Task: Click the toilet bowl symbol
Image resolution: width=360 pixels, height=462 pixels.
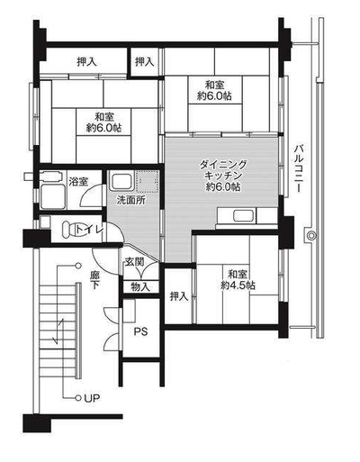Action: click(68, 230)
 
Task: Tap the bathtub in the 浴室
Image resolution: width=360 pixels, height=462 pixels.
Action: click(52, 196)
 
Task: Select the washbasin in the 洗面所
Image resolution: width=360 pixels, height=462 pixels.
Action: click(122, 180)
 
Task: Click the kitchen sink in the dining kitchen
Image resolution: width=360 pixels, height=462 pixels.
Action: click(245, 216)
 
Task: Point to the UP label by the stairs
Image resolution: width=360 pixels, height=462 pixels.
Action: click(92, 398)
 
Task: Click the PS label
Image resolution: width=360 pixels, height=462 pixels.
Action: click(140, 331)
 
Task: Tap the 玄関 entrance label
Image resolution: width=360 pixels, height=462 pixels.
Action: click(134, 262)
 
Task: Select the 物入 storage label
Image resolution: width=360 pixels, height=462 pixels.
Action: click(140, 287)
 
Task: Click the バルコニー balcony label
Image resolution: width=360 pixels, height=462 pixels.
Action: click(299, 168)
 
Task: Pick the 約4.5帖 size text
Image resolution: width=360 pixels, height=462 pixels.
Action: click(238, 285)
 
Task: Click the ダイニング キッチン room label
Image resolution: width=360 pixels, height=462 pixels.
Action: click(223, 170)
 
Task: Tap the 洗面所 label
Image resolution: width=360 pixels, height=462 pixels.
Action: click(131, 200)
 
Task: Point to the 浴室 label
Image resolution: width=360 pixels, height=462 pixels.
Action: click(78, 182)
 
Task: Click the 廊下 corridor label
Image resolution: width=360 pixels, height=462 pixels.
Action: click(94, 280)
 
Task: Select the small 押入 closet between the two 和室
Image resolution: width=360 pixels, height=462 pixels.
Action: click(144, 62)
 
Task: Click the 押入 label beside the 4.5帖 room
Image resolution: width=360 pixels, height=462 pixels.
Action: click(179, 296)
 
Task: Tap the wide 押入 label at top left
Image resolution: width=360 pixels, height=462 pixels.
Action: click(86, 62)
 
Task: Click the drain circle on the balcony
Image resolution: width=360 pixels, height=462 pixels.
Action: click(312, 236)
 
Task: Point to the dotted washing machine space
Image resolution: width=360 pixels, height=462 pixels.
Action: click(147, 181)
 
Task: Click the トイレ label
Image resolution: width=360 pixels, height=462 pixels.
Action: click(90, 230)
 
